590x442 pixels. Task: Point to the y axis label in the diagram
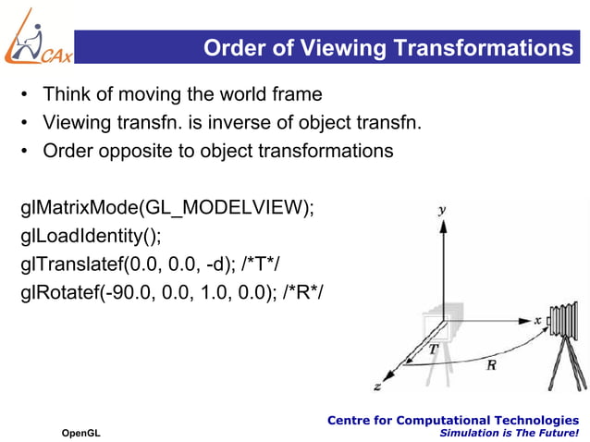pyautogui.click(x=444, y=211)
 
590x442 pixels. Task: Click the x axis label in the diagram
pyautogui.click(x=538, y=319)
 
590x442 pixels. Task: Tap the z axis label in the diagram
pyautogui.click(x=378, y=384)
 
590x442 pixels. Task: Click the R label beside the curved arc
pyautogui.click(x=490, y=365)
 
